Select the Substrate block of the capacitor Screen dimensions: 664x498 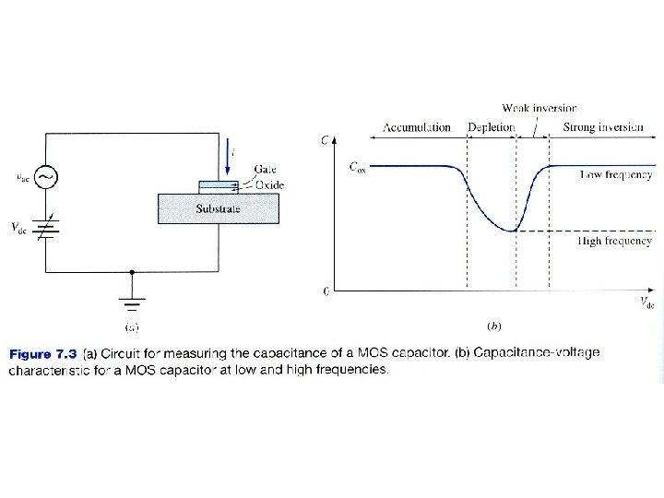[x=218, y=208]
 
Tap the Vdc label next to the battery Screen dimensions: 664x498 [x=18, y=229]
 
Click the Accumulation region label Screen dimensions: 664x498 [x=416, y=127]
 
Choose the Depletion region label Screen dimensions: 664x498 [x=491, y=127]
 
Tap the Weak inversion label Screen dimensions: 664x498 [x=539, y=109]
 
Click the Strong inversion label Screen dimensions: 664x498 [x=603, y=127]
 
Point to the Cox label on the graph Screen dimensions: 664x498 [x=357, y=168]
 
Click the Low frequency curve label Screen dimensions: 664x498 [x=615, y=173]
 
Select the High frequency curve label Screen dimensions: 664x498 [x=615, y=241]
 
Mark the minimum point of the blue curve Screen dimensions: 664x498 [x=515, y=231]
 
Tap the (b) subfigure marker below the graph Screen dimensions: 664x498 [x=493, y=326]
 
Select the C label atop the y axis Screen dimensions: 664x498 [x=324, y=140]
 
